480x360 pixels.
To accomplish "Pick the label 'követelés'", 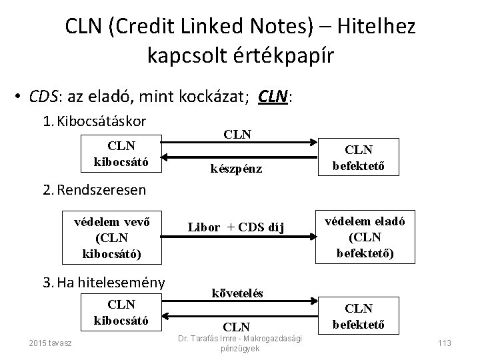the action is click(237, 293).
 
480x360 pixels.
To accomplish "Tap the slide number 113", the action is click(443, 343).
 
